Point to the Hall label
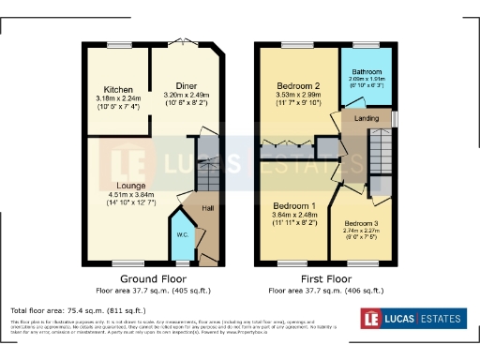[208, 208]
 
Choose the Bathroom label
[367, 72]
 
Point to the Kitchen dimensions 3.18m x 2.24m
[118, 98]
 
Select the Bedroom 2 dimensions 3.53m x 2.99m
[296, 95]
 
